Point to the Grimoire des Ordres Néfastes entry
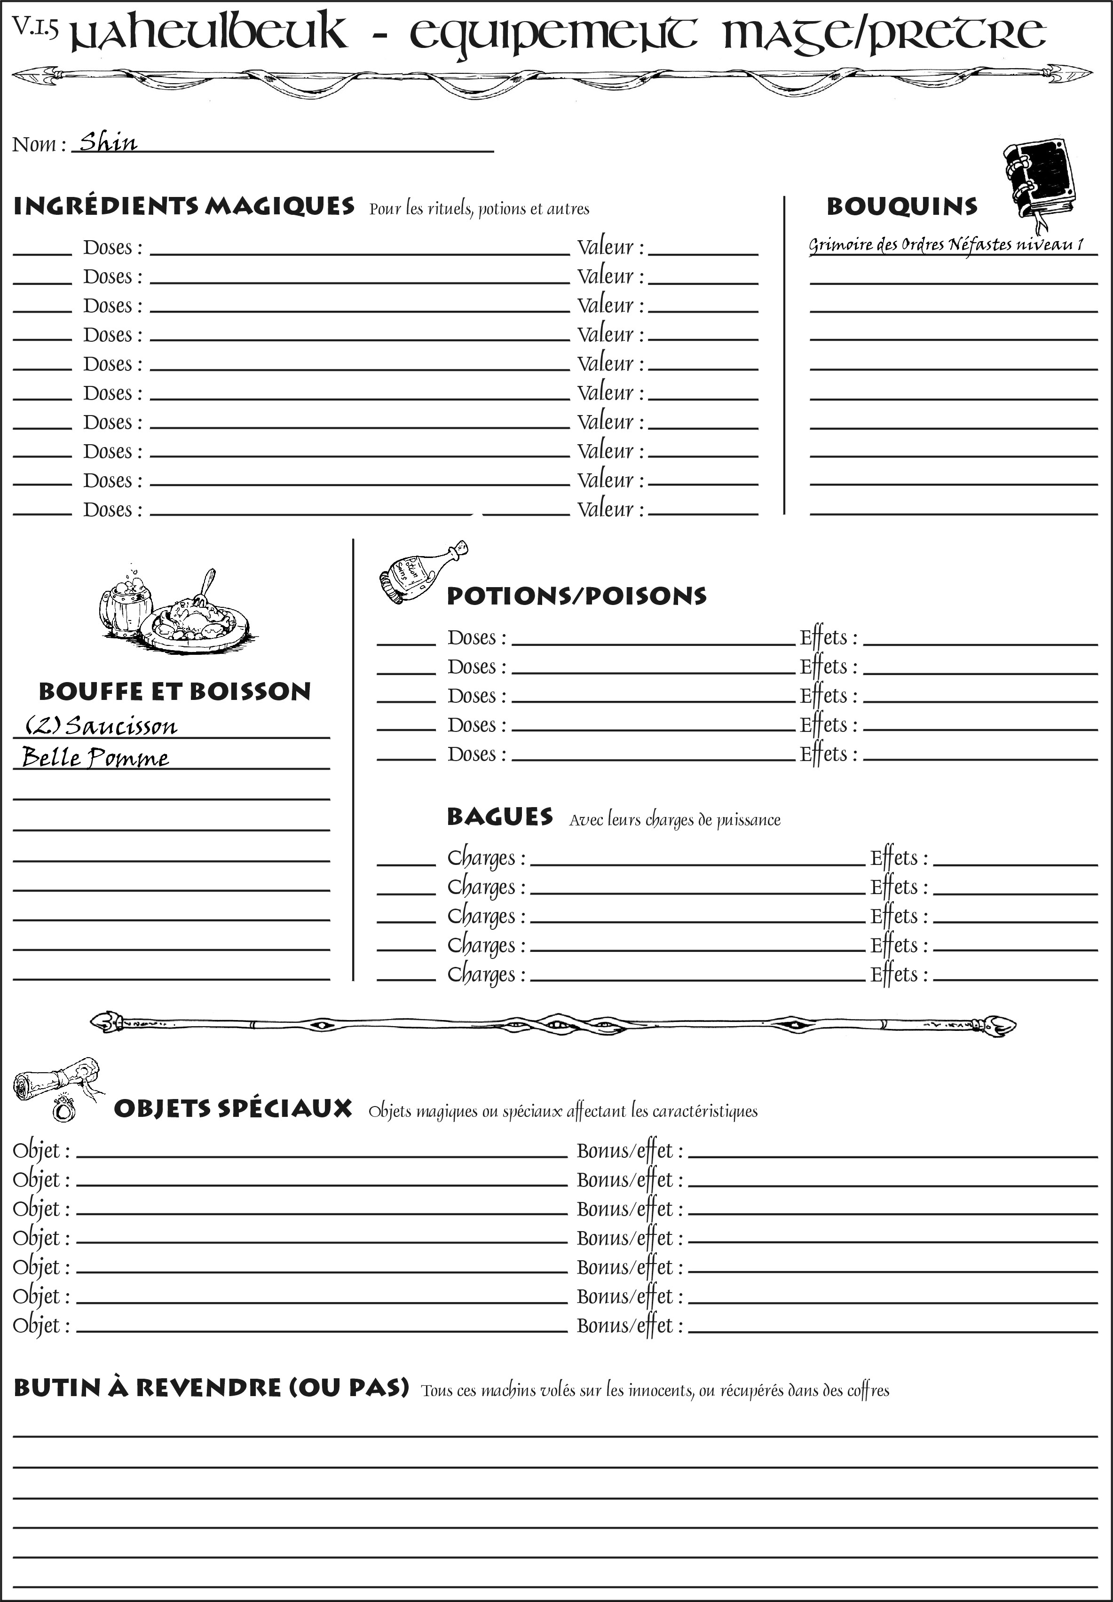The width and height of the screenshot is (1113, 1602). click(946, 245)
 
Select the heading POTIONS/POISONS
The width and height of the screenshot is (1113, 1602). click(576, 596)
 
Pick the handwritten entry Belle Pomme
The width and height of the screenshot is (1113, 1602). click(95, 757)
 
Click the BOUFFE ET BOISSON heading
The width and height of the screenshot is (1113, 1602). click(174, 691)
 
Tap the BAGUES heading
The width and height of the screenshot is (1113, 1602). click(499, 817)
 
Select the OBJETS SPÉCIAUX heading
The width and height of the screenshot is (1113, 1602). click(233, 1109)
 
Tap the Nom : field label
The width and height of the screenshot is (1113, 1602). click(39, 144)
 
